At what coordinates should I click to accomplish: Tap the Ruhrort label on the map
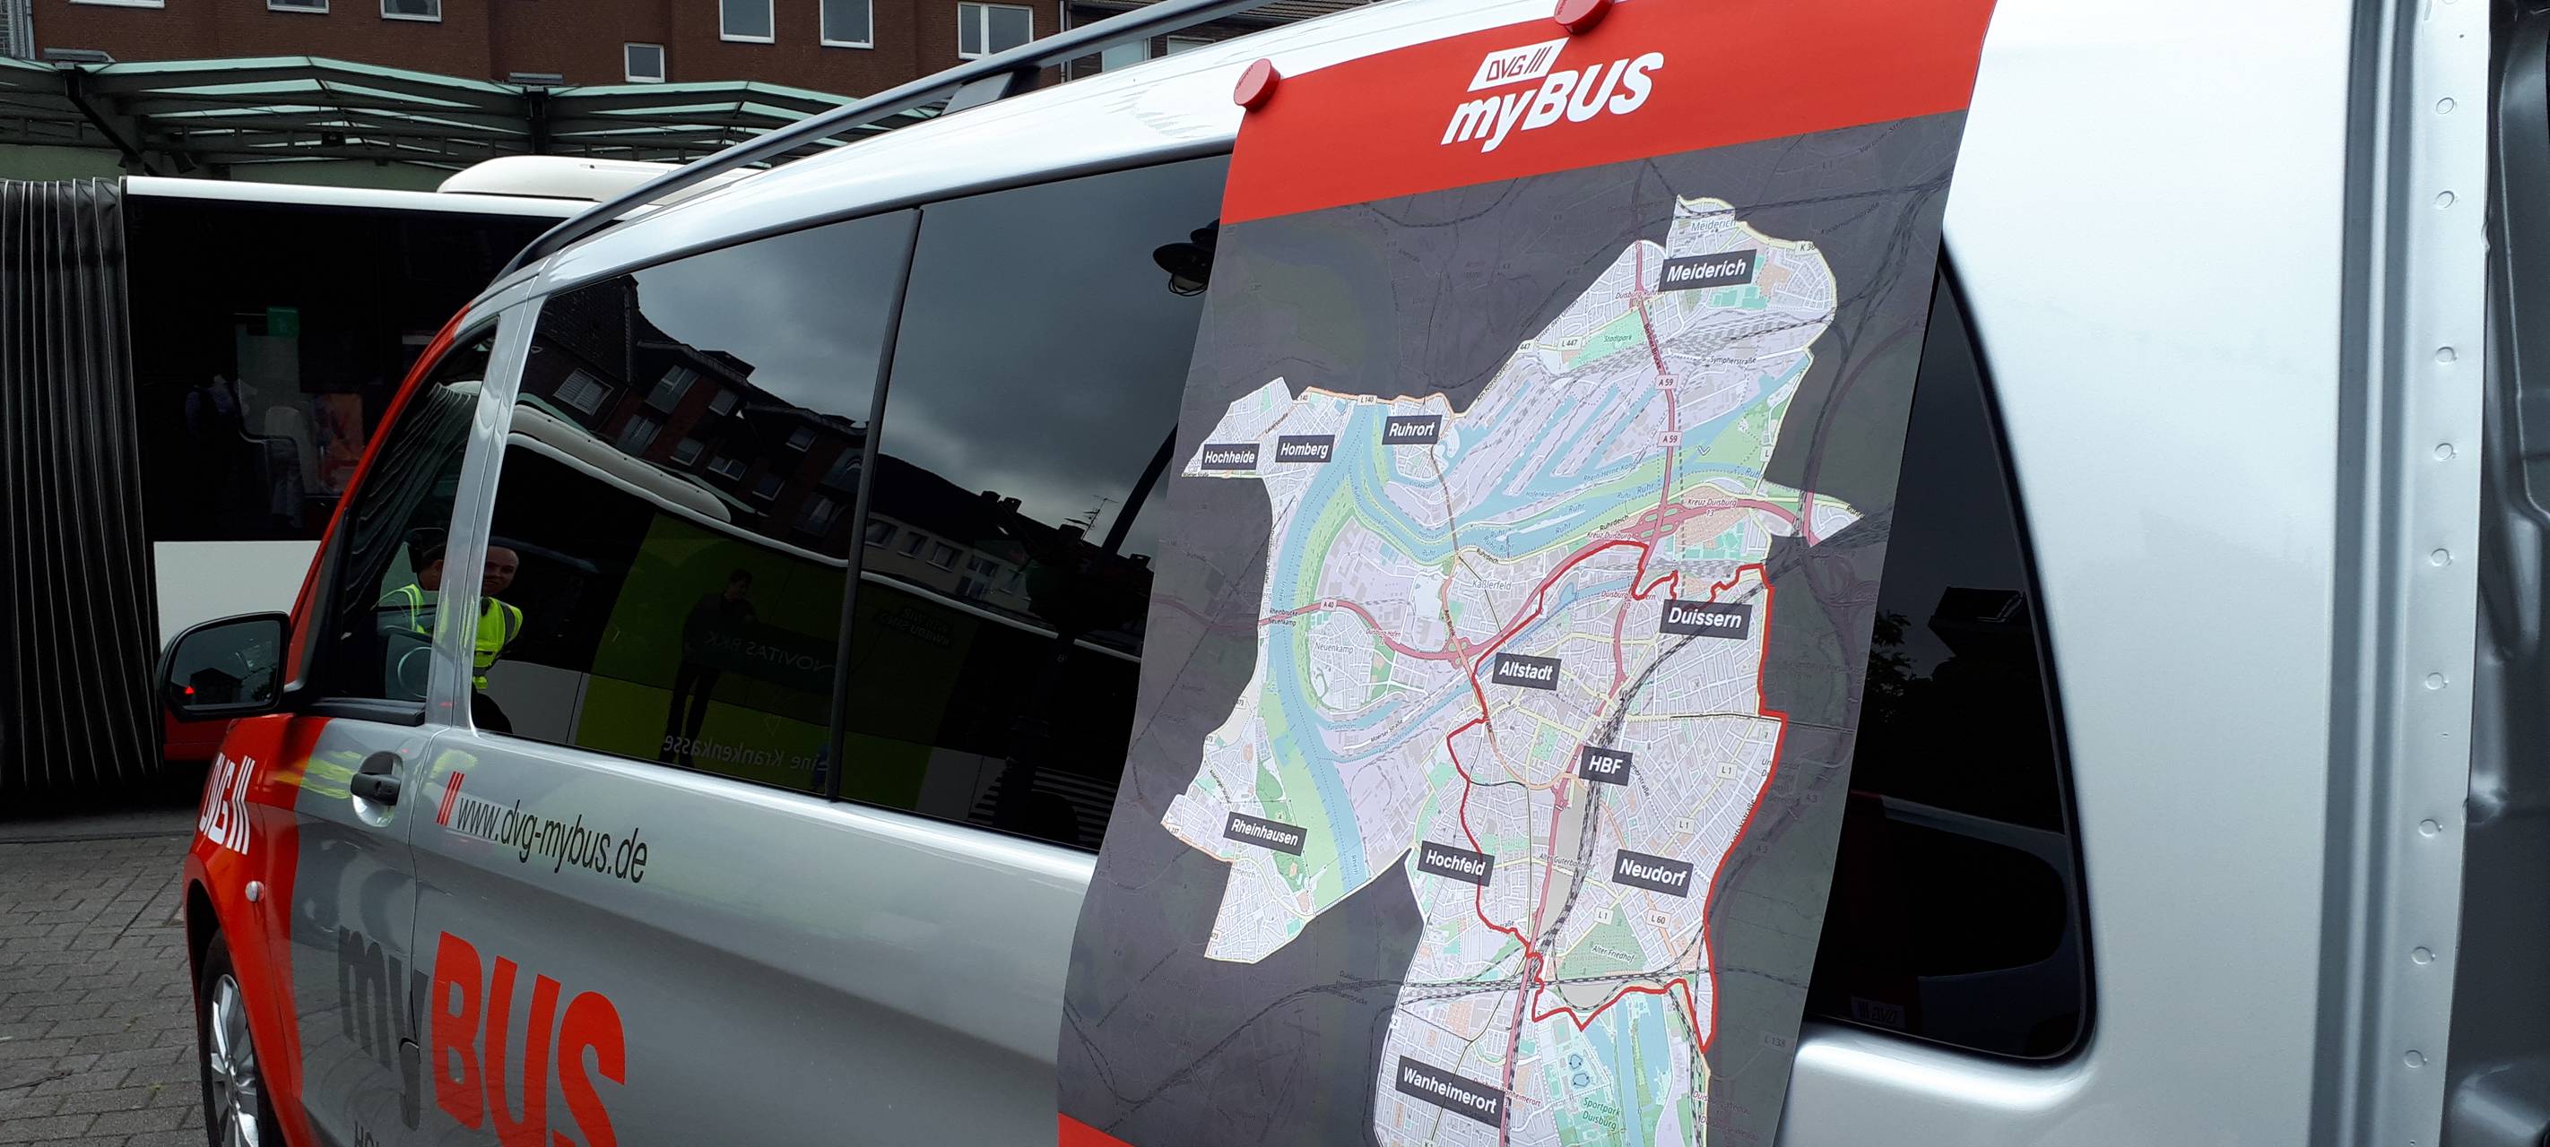(1410, 429)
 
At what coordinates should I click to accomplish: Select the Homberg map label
(1304, 449)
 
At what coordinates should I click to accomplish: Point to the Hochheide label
(1229, 457)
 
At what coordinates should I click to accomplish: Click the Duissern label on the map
(1704, 618)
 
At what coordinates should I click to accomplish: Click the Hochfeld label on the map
(1454, 864)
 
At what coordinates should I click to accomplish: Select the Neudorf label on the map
(1652, 872)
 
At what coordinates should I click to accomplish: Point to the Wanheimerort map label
(1448, 1088)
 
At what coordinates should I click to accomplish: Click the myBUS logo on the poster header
(1549, 94)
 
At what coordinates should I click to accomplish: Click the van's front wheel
(232, 1059)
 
